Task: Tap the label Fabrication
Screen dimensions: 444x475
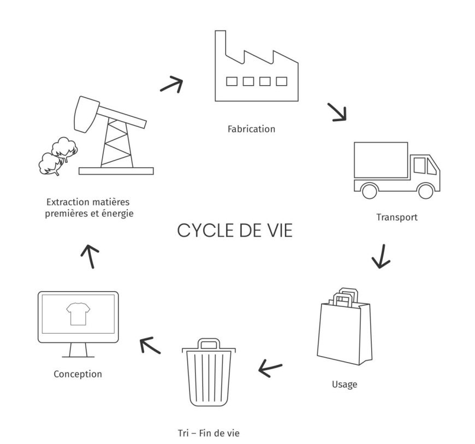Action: (251, 129)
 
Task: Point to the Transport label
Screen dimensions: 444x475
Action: (397, 217)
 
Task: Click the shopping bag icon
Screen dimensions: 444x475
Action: (344, 325)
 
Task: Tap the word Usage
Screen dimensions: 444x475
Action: (345, 384)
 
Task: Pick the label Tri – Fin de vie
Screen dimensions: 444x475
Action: (209, 433)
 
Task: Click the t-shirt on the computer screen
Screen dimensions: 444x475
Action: (77, 315)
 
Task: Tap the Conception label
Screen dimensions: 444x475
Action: (78, 374)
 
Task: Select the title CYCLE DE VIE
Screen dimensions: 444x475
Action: (235, 230)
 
